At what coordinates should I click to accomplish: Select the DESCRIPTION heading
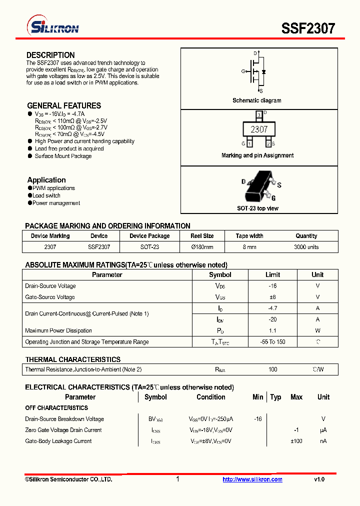[x=50, y=55]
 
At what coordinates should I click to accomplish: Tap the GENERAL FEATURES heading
[x=64, y=105]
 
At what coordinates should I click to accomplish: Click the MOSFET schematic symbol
[x=258, y=72]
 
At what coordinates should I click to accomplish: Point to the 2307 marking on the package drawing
[x=259, y=129]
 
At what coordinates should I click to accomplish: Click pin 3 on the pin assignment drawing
[x=258, y=115]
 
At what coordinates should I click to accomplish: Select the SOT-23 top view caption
[x=257, y=208]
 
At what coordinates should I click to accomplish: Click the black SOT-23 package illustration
[x=258, y=185]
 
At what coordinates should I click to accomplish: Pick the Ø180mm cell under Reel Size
[x=202, y=247]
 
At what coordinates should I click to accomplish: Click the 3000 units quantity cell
[x=306, y=247]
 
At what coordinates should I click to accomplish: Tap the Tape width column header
[x=249, y=236]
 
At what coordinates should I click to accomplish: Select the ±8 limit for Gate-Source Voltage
[x=272, y=297]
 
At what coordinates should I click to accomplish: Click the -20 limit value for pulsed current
[x=272, y=319]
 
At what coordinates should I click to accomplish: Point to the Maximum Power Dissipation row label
[x=58, y=330]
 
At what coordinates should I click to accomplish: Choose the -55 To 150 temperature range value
[x=272, y=342]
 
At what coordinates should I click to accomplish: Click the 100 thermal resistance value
[x=272, y=369]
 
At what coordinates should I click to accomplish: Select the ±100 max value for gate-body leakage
[x=296, y=441]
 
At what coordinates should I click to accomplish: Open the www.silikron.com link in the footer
[x=252, y=479]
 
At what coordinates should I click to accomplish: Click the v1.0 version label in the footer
[x=319, y=479]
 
